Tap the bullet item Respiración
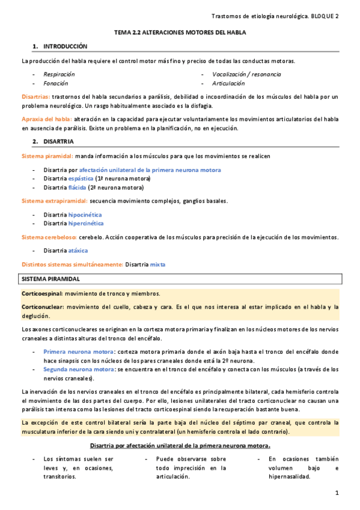(59, 74)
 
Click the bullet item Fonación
(55, 83)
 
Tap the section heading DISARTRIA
(59, 141)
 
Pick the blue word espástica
(81, 179)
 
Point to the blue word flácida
(78, 187)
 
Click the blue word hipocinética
(85, 214)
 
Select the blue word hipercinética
(86, 223)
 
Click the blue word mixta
(157, 264)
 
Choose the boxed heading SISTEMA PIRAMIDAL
(55, 280)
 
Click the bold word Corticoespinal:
(42, 293)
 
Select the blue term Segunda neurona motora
(78, 369)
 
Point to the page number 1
(338, 493)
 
